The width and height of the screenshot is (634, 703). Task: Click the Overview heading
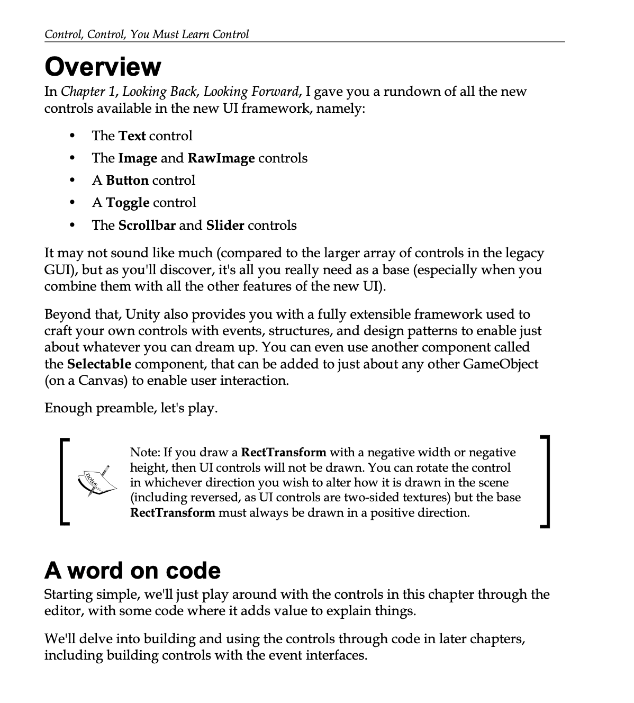pos(103,67)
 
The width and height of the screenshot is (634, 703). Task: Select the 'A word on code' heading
pos(132,570)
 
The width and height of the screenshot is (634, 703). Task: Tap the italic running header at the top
pos(147,35)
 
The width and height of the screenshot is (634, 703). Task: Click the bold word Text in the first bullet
pos(132,136)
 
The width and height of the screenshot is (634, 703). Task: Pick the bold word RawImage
pos(221,158)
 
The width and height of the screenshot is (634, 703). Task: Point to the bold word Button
pos(127,181)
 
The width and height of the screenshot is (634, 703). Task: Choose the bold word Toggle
pos(128,203)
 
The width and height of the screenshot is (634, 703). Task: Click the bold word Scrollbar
pos(147,226)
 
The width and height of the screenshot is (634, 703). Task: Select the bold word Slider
pos(225,226)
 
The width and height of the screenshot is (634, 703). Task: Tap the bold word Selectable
pos(99,364)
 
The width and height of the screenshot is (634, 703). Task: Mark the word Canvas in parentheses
pos(103,381)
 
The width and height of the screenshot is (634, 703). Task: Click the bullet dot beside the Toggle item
pos(72,203)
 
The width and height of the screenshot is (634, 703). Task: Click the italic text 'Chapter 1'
pos(88,92)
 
